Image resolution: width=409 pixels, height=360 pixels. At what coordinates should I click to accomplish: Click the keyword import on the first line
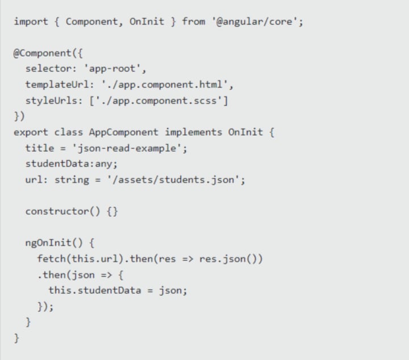31,22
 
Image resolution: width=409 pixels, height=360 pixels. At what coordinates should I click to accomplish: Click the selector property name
48,69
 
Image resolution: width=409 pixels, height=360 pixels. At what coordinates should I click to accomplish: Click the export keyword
31,132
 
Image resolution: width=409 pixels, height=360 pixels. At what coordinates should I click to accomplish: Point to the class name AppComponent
124,132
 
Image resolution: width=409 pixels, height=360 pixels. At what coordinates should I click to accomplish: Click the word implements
194,132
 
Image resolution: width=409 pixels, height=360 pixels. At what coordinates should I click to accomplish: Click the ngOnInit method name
48,243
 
